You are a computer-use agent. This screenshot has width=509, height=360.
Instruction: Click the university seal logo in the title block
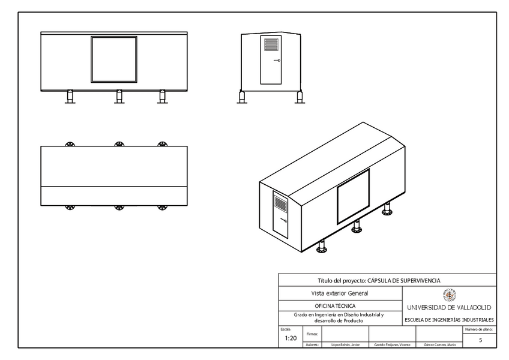coord(449,295)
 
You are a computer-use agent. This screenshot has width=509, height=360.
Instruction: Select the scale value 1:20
coord(291,338)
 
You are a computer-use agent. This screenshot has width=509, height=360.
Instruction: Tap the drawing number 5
coord(480,340)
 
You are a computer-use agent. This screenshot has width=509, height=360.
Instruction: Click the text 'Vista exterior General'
coord(340,293)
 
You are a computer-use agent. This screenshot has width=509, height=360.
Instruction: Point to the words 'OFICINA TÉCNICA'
coord(340,306)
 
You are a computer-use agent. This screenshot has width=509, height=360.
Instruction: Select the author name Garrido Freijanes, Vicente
coord(392,345)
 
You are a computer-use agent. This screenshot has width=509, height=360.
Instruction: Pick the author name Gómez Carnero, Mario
coord(439,345)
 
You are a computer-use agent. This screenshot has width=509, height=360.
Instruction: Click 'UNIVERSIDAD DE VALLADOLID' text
coord(449,307)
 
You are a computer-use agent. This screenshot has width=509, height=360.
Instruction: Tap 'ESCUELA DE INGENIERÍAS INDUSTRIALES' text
coord(449,320)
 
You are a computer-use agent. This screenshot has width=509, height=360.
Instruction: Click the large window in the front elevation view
coord(113,59)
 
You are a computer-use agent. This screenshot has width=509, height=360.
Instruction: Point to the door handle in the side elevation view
coord(277,61)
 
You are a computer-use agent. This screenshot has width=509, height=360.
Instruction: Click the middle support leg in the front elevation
coord(119,96)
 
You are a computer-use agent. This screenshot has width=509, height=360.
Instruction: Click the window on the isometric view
coord(353,197)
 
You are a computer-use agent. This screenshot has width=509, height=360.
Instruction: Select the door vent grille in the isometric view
coord(280,203)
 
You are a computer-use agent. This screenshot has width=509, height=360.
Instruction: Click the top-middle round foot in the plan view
coord(119,144)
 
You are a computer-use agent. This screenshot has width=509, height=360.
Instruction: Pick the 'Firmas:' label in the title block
coord(312,333)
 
